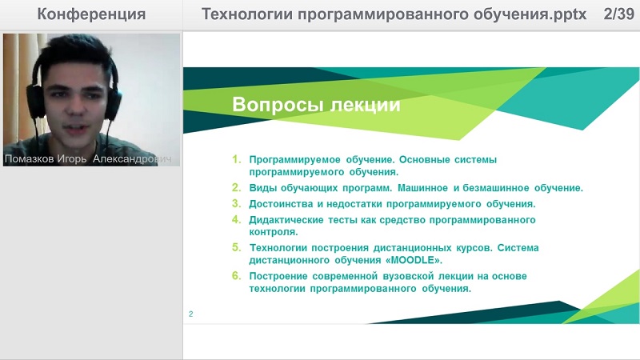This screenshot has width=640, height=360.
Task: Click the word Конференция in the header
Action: click(91, 14)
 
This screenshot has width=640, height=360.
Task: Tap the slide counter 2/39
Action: click(618, 14)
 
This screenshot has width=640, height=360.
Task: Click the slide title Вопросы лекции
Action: click(316, 105)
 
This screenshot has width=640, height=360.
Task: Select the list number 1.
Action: click(237, 159)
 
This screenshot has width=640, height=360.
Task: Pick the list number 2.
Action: click(237, 187)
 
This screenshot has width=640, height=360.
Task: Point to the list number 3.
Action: click(237, 203)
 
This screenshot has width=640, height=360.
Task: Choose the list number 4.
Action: click(237, 219)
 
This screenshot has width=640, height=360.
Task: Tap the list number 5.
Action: click(237, 247)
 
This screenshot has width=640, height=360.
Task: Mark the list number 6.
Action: click(237, 275)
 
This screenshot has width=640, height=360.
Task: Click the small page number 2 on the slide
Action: click(190, 314)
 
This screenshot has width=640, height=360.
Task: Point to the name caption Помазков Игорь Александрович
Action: click(88, 158)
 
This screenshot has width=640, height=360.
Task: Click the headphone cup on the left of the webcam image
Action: click(35, 101)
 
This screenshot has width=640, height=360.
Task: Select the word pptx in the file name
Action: click(570, 15)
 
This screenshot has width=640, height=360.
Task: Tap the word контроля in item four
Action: click(274, 232)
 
